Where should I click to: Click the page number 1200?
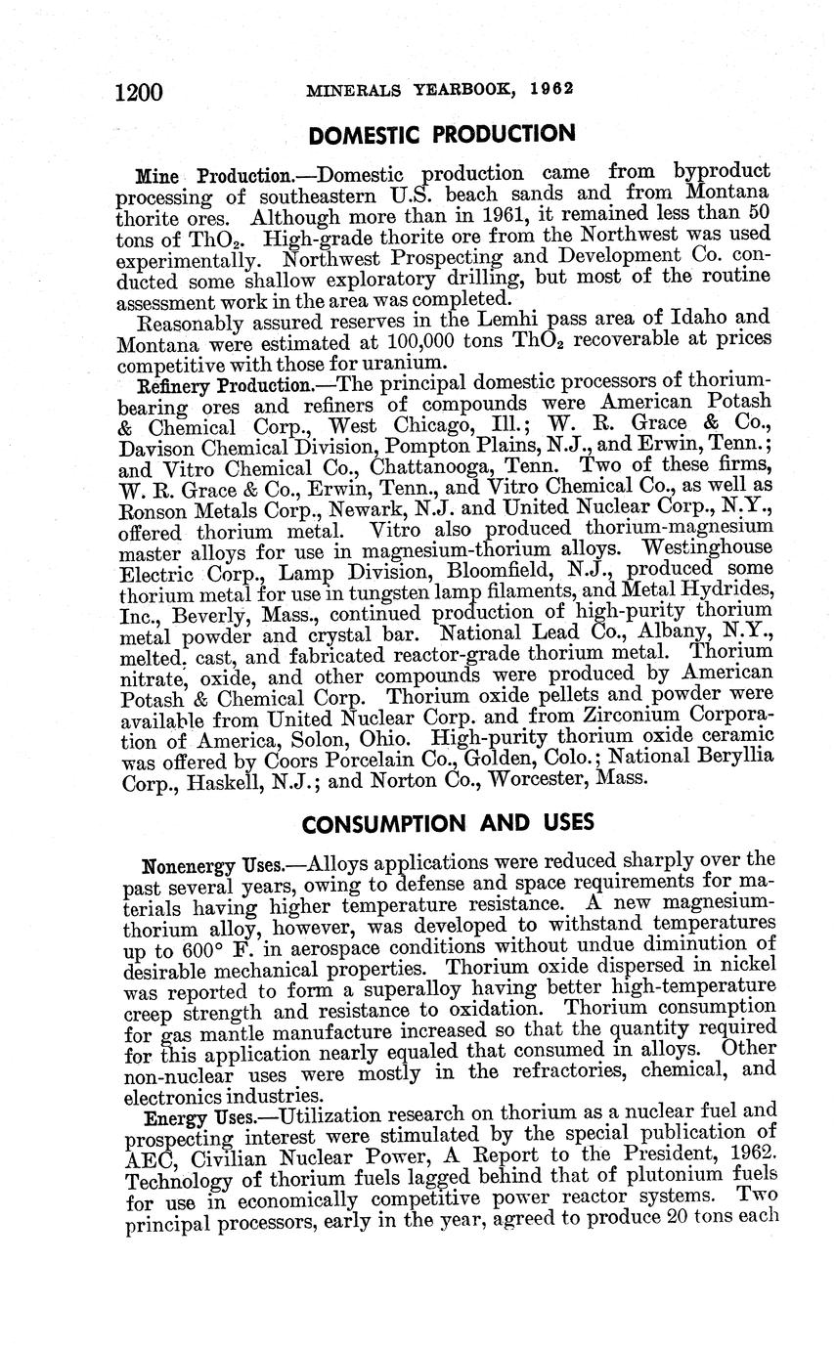(x=137, y=93)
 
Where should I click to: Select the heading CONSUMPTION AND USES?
(x=448, y=823)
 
